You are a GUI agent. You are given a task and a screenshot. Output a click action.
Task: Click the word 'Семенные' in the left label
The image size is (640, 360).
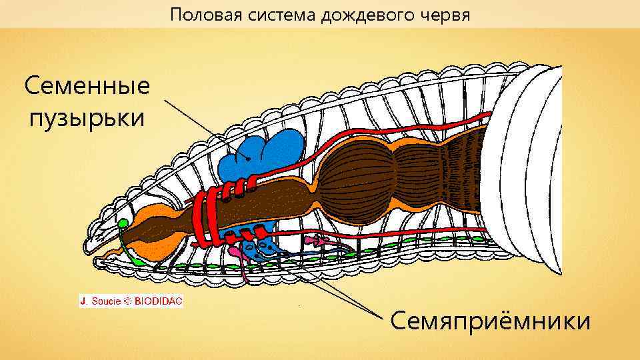pos(87,87)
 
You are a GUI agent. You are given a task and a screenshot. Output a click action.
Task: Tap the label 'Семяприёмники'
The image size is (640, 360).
pos(490,321)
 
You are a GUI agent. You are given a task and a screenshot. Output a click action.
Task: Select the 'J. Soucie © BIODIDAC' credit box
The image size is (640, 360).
pos(131,301)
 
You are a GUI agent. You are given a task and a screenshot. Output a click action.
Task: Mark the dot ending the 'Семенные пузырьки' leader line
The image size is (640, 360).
pos(248,158)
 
